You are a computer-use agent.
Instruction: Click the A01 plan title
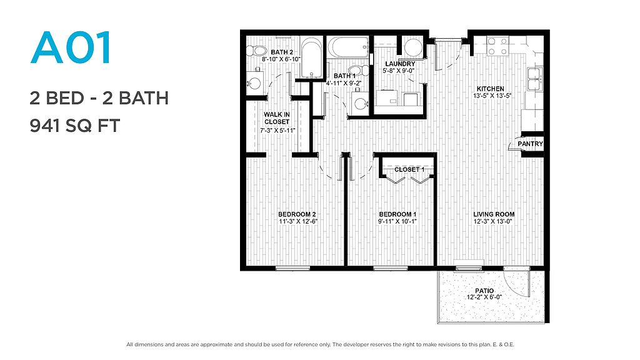click(71, 48)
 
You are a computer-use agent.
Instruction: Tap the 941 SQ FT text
click(75, 126)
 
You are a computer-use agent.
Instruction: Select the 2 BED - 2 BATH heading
click(99, 98)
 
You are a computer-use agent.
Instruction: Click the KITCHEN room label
click(491, 89)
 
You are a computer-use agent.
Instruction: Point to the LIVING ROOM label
click(494, 214)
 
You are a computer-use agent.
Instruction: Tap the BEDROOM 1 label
click(397, 214)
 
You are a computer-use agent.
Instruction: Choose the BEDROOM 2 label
click(297, 214)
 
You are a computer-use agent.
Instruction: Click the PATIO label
click(484, 291)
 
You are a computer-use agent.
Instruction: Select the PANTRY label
click(530, 144)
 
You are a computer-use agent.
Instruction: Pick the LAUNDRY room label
click(400, 64)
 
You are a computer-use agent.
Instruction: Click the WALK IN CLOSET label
click(277, 118)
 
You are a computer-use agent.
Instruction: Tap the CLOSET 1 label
click(409, 169)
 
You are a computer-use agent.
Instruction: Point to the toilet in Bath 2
click(256, 51)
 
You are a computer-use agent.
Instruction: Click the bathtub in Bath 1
click(349, 47)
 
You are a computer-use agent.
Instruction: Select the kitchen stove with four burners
click(498, 46)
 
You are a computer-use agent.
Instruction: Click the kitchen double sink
click(534, 79)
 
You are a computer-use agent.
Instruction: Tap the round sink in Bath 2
click(255, 83)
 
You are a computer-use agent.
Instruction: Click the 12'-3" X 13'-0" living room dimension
click(492, 222)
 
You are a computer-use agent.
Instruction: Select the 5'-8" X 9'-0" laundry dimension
click(399, 71)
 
